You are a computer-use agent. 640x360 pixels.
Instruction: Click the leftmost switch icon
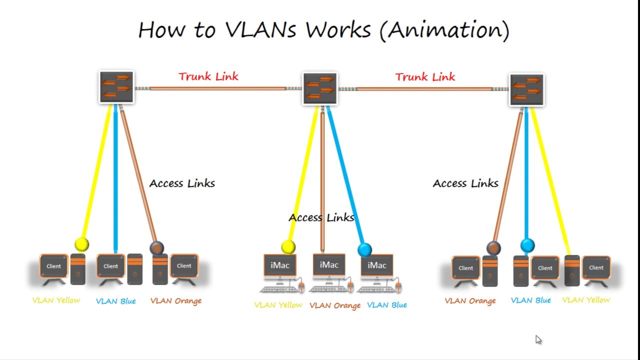click(116, 87)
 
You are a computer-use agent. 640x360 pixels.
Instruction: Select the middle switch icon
click(320, 88)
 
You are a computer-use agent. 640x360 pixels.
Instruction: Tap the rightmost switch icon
click(526, 89)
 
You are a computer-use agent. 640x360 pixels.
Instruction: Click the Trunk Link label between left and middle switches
click(208, 76)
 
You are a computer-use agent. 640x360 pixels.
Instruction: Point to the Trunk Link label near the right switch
click(425, 77)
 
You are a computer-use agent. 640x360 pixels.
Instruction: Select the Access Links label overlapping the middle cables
click(321, 217)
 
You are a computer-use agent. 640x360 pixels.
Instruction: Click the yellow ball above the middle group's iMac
click(288, 246)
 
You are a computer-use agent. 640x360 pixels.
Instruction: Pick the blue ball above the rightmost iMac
click(365, 249)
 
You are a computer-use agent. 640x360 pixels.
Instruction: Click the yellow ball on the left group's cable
click(81, 244)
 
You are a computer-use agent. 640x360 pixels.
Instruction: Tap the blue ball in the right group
click(527, 245)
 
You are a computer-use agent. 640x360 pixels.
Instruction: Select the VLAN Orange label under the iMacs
click(335, 305)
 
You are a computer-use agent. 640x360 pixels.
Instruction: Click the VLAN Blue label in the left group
click(115, 301)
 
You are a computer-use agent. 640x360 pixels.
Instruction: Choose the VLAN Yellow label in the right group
click(586, 300)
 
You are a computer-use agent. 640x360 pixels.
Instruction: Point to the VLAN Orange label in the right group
click(470, 300)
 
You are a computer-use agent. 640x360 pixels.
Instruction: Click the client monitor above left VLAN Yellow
click(53, 266)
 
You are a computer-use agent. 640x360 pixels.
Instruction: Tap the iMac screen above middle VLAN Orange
click(329, 265)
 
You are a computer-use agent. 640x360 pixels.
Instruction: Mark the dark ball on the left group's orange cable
click(156, 248)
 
